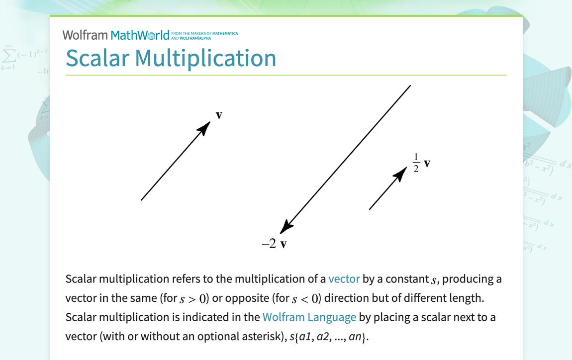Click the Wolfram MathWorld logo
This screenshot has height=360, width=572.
pyautogui.click(x=116, y=35)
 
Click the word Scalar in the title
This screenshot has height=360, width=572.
pyautogui.click(x=97, y=58)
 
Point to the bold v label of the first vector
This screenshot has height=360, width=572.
pyautogui.click(x=219, y=115)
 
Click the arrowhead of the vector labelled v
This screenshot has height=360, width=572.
pyautogui.click(x=204, y=128)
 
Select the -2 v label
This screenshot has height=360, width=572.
pyautogui.click(x=275, y=244)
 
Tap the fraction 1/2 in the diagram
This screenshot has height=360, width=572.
pyautogui.click(x=416, y=163)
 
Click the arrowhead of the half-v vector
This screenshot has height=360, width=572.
pyautogui.click(x=400, y=174)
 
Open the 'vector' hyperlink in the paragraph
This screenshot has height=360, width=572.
pyautogui.click(x=344, y=279)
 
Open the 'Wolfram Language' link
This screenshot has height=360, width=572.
pyautogui.click(x=309, y=317)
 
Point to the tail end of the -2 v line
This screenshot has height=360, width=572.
pyautogui.click(x=410, y=86)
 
